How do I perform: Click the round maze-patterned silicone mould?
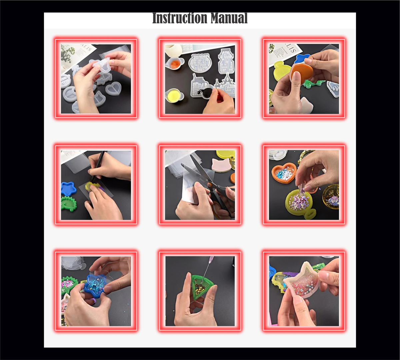pyautogui.click(x=200, y=62)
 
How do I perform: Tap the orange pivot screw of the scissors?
pyautogui.click(x=209, y=185)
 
